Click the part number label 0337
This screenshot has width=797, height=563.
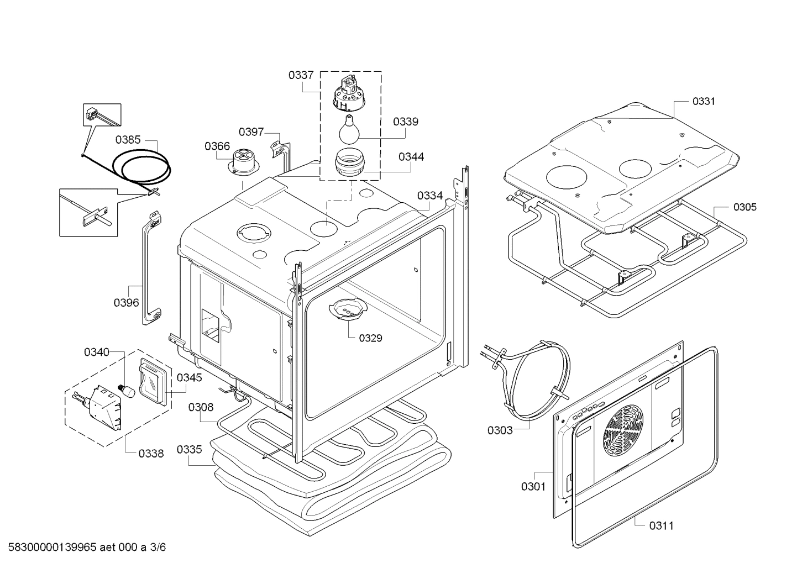coord(301,75)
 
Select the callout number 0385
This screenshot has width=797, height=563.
coord(128,140)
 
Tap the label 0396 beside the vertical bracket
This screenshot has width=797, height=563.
coord(126,302)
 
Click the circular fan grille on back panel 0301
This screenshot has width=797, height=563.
coord(625,427)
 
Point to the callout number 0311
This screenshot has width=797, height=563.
coord(661,525)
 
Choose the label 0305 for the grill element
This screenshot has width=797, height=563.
coord(745,207)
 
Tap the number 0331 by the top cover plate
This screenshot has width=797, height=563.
coord(704,101)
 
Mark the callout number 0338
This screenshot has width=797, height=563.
coord(151,453)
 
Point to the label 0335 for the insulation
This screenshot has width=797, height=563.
coord(189,449)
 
